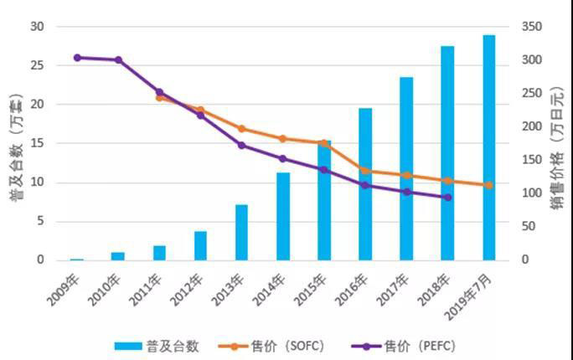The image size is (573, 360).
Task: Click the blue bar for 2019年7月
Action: [x=488, y=147]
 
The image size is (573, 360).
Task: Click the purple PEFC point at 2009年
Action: [x=77, y=58]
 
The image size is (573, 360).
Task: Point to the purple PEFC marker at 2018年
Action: [x=447, y=198]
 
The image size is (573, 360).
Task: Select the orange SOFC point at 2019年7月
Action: [x=488, y=185]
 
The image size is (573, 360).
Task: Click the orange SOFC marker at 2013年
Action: [x=241, y=129]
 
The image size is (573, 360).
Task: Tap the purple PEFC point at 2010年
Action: [x=118, y=60]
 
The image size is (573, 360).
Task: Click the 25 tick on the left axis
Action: [x=38, y=65]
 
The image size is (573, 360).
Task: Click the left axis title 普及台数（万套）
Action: [x=14, y=142]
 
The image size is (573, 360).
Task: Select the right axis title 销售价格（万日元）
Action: [x=559, y=142]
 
